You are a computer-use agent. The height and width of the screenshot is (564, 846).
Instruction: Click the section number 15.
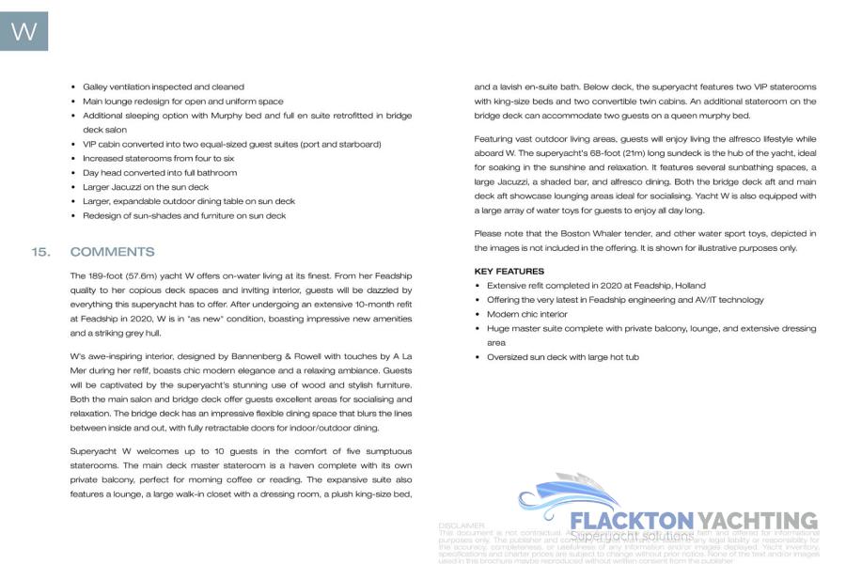point(39,252)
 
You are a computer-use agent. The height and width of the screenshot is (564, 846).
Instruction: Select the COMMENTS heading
point(112,252)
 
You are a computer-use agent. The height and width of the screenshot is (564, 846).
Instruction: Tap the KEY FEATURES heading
point(509,271)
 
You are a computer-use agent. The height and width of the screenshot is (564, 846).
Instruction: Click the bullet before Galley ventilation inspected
point(73,86)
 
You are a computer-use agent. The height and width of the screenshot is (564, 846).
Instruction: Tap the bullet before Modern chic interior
point(478,314)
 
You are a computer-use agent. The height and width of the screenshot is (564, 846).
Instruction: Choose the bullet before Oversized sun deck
point(478,357)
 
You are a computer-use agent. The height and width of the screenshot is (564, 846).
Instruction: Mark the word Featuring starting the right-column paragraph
point(494,138)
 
